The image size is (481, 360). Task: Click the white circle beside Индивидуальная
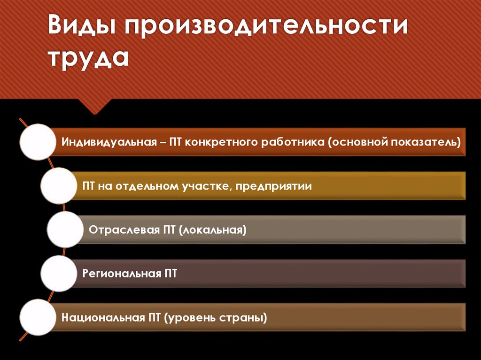(x=39, y=141)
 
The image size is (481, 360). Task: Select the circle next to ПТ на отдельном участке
(x=59, y=186)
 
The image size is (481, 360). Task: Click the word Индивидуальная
(x=109, y=142)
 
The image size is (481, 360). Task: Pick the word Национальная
(x=102, y=318)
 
